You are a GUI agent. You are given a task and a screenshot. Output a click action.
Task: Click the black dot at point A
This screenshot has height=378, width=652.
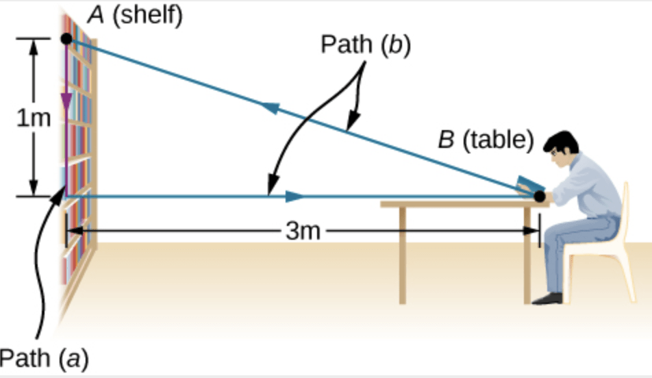(x=66, y=38)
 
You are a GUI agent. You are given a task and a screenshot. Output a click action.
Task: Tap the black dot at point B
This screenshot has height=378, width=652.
(x=540, y=197)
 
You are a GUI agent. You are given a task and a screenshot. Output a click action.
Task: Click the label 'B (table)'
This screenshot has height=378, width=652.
(x=485, y=140)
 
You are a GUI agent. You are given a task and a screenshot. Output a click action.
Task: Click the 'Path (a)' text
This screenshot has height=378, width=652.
(x=43, y=358)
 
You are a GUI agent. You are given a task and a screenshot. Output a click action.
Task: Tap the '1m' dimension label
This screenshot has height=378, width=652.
(x=34, y=118)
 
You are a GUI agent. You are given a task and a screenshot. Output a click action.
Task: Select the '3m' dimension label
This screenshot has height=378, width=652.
(x=302, y=231)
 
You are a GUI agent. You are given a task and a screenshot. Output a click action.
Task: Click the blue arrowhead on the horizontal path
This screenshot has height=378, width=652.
(x=294, y=197)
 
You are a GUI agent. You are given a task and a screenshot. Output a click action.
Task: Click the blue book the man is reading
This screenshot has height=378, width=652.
(x=530, y=184)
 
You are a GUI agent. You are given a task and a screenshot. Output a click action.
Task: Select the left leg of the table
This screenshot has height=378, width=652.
(x=402, y=253)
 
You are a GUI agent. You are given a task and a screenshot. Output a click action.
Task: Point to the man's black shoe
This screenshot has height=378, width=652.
(x=548, y=298)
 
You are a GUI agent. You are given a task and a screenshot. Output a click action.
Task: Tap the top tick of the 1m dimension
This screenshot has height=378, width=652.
(x=34, y=38)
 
